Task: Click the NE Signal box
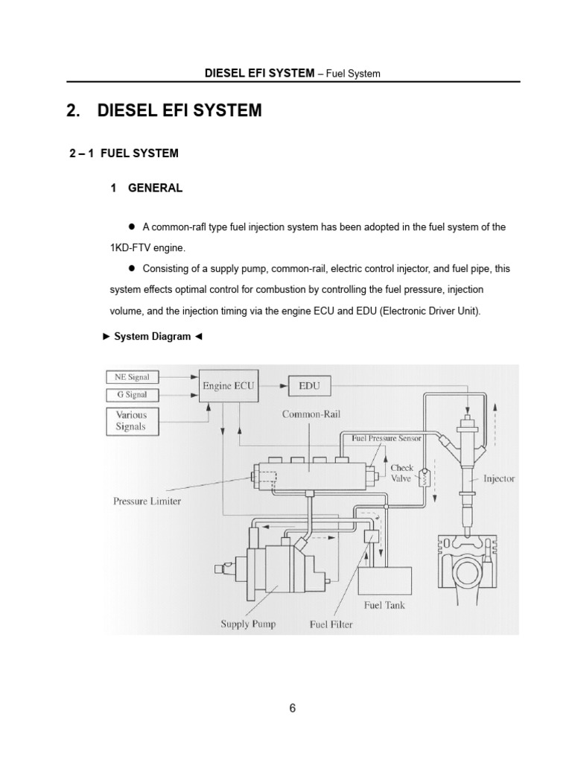coord(133,377)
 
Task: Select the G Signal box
coord(133,395)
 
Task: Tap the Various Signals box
coord(133,421)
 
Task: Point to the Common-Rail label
coord(311,414)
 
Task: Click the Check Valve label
coord(402,473)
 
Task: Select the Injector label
coord(498,478)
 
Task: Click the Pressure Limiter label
coord(147,501)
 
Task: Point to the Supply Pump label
coord(249,624)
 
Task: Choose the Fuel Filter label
coord(331,624)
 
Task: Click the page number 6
coord(293,709)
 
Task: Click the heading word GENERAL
coord(155,189)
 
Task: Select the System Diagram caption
coord(151,337)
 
